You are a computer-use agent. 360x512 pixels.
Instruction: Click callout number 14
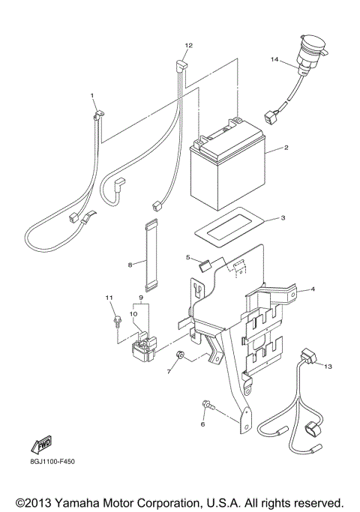tap(274, 59)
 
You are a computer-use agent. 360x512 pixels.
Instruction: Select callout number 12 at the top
tap(189, 46)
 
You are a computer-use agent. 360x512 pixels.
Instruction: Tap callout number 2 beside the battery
tap(286, 148)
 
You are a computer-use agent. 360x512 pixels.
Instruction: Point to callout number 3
tap(281, 218)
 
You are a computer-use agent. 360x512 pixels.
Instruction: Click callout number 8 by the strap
tap(130, 264)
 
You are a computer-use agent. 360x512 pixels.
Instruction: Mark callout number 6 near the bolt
tap(202, 424)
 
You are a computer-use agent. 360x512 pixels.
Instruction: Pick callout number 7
tap(168, 372)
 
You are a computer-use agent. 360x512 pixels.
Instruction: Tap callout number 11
tap(108, 299)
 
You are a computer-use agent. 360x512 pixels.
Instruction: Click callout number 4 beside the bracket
tap(313, 289)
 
